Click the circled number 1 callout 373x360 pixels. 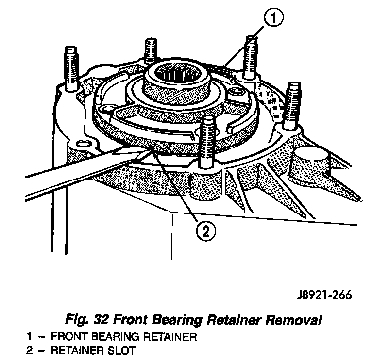[x=273, y=19]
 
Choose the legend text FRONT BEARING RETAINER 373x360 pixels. [x=123, y=337]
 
